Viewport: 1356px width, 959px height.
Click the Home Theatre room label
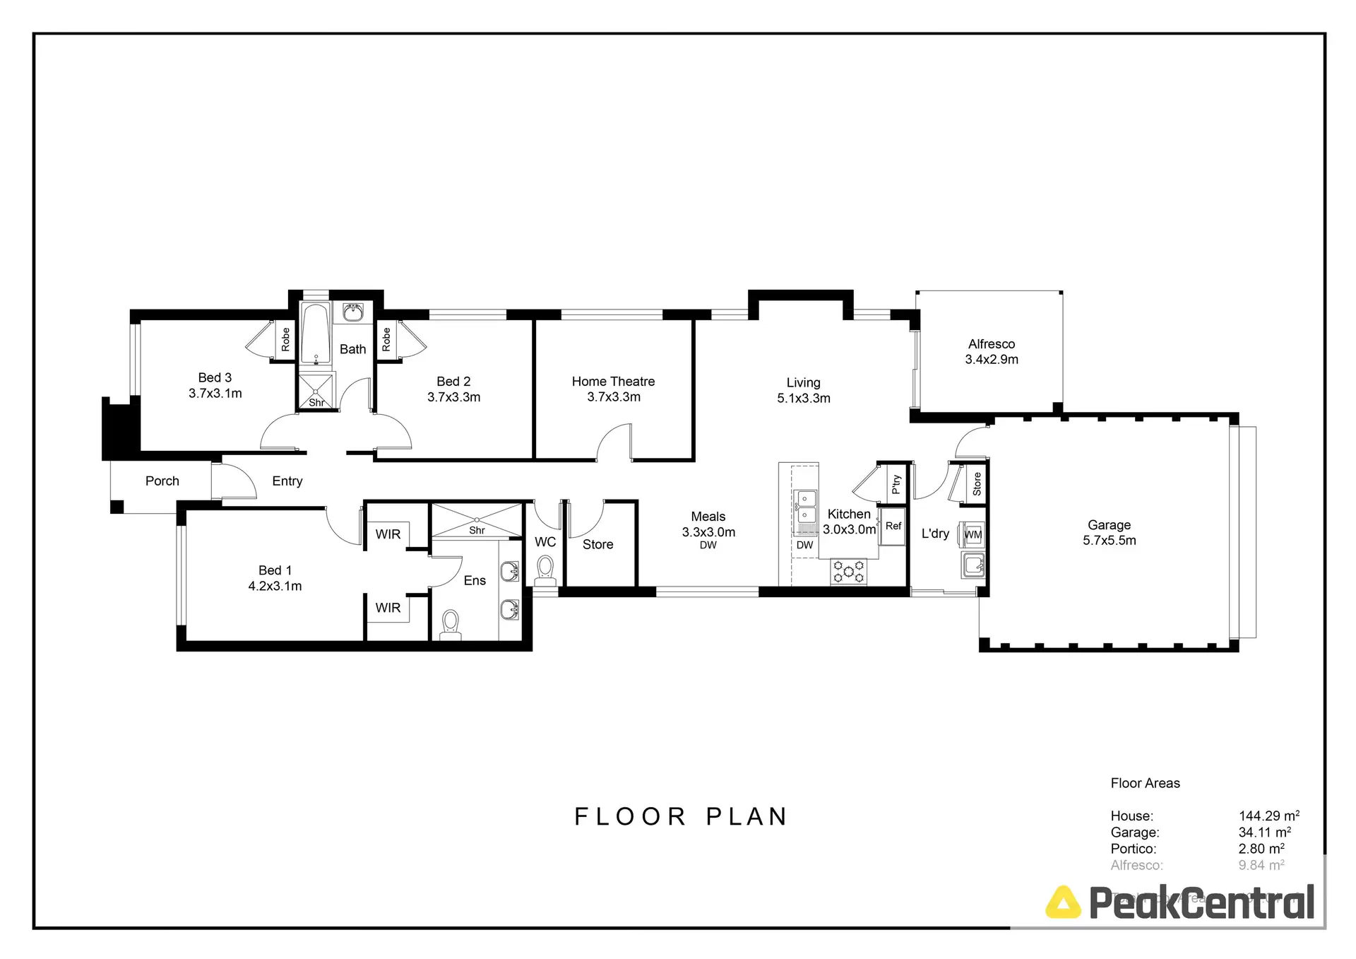(x=613, y=382)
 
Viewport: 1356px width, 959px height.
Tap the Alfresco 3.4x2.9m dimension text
(x=992, y=360)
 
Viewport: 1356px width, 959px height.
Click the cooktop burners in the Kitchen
(x=848, y=571)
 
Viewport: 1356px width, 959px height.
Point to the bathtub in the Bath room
(x=315, y=334)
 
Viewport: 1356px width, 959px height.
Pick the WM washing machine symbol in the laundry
(x=973, y=535)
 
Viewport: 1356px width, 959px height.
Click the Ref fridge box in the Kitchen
(x=893, y=526)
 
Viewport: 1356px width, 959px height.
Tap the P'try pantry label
(x=896, y=484)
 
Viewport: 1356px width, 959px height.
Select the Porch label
(x=162, y=481)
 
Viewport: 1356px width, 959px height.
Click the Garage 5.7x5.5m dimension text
(x=1109, y=541)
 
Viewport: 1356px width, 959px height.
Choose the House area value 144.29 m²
(x=1268, y=816)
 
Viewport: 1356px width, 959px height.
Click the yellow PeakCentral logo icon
(x=1063, y=902)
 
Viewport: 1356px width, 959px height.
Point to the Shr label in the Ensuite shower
(x=477, y=530)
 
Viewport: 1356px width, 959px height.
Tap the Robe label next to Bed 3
(x=285, y=339)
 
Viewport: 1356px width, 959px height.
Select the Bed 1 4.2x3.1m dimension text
(x=275, y=586)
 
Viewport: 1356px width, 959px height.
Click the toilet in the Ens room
(x=450, y=624)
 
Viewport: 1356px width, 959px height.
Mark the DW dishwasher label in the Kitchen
(x=804, y=545)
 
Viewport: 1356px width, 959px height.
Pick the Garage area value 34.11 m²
(x=1264, y=832)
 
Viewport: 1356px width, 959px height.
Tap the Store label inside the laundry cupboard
(x=977, y=484)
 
